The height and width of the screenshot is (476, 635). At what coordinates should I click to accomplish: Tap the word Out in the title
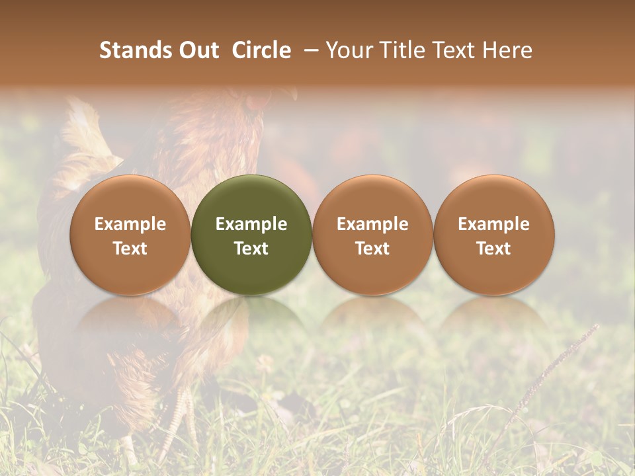point(198,50)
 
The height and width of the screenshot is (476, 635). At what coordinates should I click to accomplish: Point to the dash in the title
point(308,50)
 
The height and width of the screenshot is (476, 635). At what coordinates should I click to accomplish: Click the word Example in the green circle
point(251,224)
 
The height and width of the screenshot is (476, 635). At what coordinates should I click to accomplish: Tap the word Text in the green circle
point(251,249)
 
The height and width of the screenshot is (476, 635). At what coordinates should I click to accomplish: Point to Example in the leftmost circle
point(130,224)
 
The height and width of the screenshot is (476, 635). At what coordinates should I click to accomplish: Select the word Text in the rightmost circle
point(494,249)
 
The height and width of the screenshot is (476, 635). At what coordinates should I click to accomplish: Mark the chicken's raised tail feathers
point(86,132)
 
